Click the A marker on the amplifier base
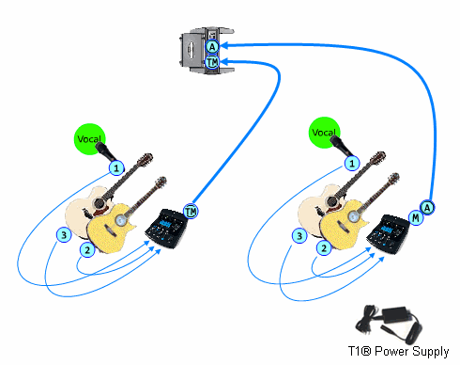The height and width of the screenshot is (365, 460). click(212, 47)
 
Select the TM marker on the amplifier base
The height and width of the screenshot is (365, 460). click(212, 62)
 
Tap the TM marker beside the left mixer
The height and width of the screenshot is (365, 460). click(191, 212)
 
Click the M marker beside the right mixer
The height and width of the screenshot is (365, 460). click(416, 217)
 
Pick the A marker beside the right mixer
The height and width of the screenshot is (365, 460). click(427, 208)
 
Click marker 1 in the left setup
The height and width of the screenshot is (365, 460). click(116, 168)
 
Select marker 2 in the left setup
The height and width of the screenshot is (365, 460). click(87, 250)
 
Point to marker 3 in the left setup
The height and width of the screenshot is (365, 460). click(64, 235)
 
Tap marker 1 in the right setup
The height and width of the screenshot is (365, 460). click(352, 164)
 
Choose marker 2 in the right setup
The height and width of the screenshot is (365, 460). click(324, 248)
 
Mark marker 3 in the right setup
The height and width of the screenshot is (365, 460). click(299, 236)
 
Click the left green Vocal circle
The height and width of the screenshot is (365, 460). click(89, 139)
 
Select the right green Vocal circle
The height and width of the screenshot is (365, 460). click(324, 133)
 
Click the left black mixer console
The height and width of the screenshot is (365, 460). click(166, 229)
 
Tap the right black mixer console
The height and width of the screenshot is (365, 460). click(388, 232)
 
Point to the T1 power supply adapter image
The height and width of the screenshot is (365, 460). click(388, 324)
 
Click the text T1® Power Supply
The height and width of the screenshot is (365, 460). click(398, 351)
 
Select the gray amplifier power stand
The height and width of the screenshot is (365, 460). click(207, 51)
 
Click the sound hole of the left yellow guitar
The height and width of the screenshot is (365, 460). click(120, 220)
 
